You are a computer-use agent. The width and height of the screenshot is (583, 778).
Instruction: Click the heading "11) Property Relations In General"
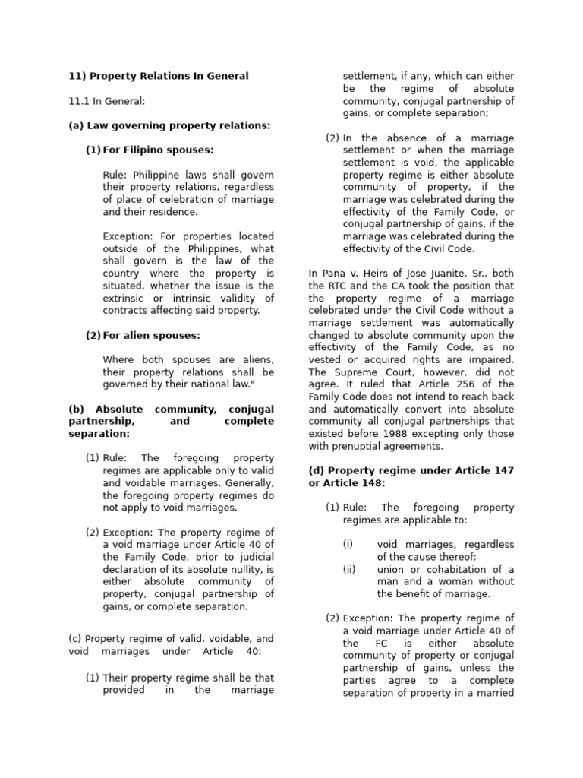tap(158, 76)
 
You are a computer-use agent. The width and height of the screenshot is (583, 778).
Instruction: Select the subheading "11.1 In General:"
tap(106, 101)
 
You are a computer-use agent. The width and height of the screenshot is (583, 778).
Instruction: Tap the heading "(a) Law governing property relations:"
tap(169, 125)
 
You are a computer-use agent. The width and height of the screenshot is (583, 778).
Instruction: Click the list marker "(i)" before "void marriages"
tap(348, 545)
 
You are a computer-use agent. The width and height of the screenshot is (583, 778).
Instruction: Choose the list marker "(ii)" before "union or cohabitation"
tap(349, 569)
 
